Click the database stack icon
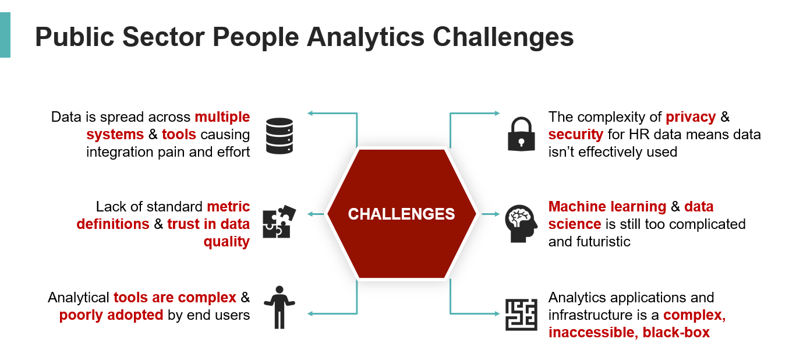pyautogui.click(x=279, y=136)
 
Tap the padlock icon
pyautogui.click(x=521, y=134)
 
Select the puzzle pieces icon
pyautogui.click(x=279, y=222)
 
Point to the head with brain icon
pyautogui.click(x=519, y=224)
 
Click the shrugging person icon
pyautogui.click(x=280, y=307)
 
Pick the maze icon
pyautogui.click(x=521, y=315)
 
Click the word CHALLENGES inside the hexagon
pyautogui.click(x=401, y=214)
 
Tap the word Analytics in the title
pyautogui.click(x=366, y=37)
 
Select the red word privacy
pyautogui.click(x=691, y=117)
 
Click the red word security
pyautogui.click(x=575, y=135)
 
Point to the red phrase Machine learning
pyautogui.click(x=607, y=207)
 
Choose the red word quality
pyautogui.click(x=227, y=242)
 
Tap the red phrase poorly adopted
pyautogui.click(x=111, y=315)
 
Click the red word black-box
pyautogui.click(x=676, y=333)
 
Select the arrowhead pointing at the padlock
pyautogui.click(x=496, y=113)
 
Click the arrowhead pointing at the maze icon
pyautogui.click(x=496, y=315)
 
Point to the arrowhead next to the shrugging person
pyautogui.click(x=310, y=315)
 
